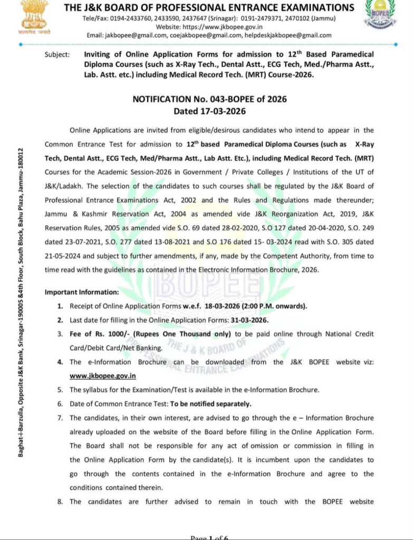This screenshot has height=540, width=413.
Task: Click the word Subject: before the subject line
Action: pyautogui.click(x=57, y=54)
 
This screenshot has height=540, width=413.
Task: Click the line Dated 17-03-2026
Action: pyautogui.click(x=210, y=111)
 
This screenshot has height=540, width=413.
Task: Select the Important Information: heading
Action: pyautogui.click(x=82, y=292)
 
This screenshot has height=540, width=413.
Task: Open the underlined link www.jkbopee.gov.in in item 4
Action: pyautogui.click(x=103, y=376)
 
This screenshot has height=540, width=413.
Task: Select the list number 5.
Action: pyautogui.click(x=60, y=390)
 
